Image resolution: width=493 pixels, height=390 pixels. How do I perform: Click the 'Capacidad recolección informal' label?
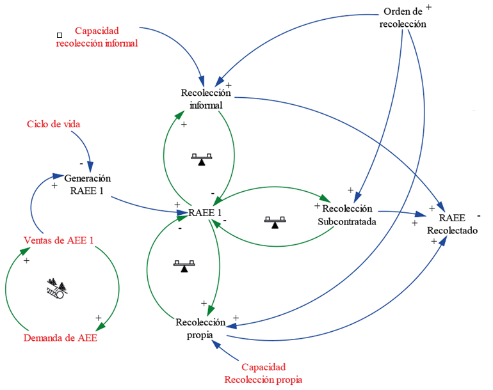97,37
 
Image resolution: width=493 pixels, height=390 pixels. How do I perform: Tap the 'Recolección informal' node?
201,99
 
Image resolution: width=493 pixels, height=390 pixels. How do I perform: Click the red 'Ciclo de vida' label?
54,124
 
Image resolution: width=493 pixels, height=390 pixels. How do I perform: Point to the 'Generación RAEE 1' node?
88,184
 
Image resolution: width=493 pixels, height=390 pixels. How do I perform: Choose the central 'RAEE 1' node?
206,213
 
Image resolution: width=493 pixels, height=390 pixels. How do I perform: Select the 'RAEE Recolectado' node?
453,224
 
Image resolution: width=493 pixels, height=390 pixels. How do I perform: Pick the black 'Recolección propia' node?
200,328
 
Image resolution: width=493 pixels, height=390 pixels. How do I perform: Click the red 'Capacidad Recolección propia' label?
263,373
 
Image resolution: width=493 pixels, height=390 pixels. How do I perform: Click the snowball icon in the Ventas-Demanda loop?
56,289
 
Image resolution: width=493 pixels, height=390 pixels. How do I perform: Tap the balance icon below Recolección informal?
202,159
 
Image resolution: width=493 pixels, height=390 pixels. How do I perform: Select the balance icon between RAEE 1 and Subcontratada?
275,222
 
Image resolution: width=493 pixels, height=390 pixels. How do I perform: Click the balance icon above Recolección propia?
184,265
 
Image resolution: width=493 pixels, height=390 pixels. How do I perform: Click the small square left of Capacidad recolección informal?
60,35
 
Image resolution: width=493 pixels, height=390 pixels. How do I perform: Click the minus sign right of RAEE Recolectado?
479,215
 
